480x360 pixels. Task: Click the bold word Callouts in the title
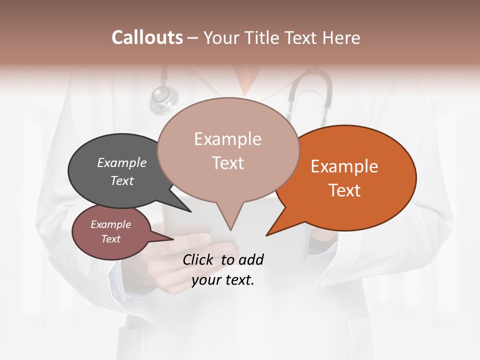tap(147, 37)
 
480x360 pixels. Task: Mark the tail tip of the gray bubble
tap(190, 211)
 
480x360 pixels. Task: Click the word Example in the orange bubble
tap(344, 166)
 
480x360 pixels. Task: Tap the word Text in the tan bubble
tap(227, 163)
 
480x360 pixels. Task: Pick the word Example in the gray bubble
tap(121, 162)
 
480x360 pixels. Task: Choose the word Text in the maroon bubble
tap(110, 239)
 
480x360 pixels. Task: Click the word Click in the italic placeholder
tap(199, 259)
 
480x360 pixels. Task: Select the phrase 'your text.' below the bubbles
tap(223, 280)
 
